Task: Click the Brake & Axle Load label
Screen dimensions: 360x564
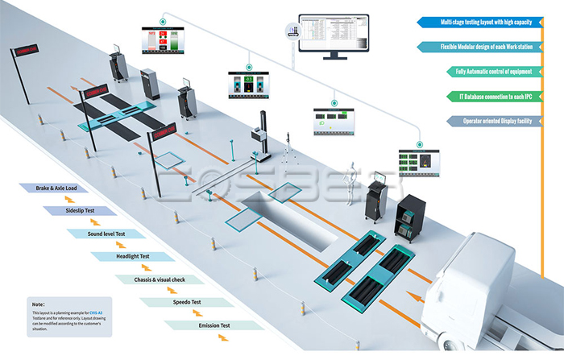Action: [56, 188]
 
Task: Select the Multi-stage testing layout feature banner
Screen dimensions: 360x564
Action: [483, 22]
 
